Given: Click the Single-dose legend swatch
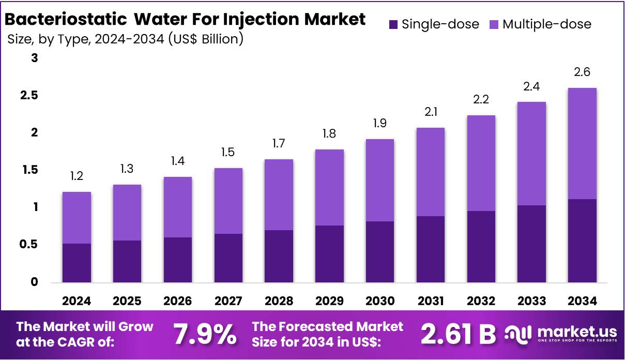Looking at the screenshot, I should tap(393, 24).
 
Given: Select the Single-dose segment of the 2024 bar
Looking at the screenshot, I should tap(77, 263).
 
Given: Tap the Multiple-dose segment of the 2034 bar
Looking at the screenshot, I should tap(582, 143).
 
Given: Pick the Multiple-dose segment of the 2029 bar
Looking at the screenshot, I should tap(329, 187).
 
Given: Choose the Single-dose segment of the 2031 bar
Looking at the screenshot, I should tap(430, 249).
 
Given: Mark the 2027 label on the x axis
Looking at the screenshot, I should tap(228, 301).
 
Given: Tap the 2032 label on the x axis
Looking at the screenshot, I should tap(481, 301).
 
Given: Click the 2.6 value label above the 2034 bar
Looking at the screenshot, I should tap(582, 72).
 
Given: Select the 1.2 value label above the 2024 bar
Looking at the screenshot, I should tap(77, 177).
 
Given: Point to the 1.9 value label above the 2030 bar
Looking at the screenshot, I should tap(380, 124).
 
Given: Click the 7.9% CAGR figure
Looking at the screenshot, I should tap(204, 335).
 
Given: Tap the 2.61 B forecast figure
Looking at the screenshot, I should tap(458, 335).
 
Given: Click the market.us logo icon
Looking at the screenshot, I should tap(517, 334).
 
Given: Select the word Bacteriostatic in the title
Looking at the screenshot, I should tap(66, 20).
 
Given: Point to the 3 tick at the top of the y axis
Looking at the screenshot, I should tap(35, 58).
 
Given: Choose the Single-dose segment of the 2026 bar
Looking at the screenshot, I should tap(178, 260).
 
